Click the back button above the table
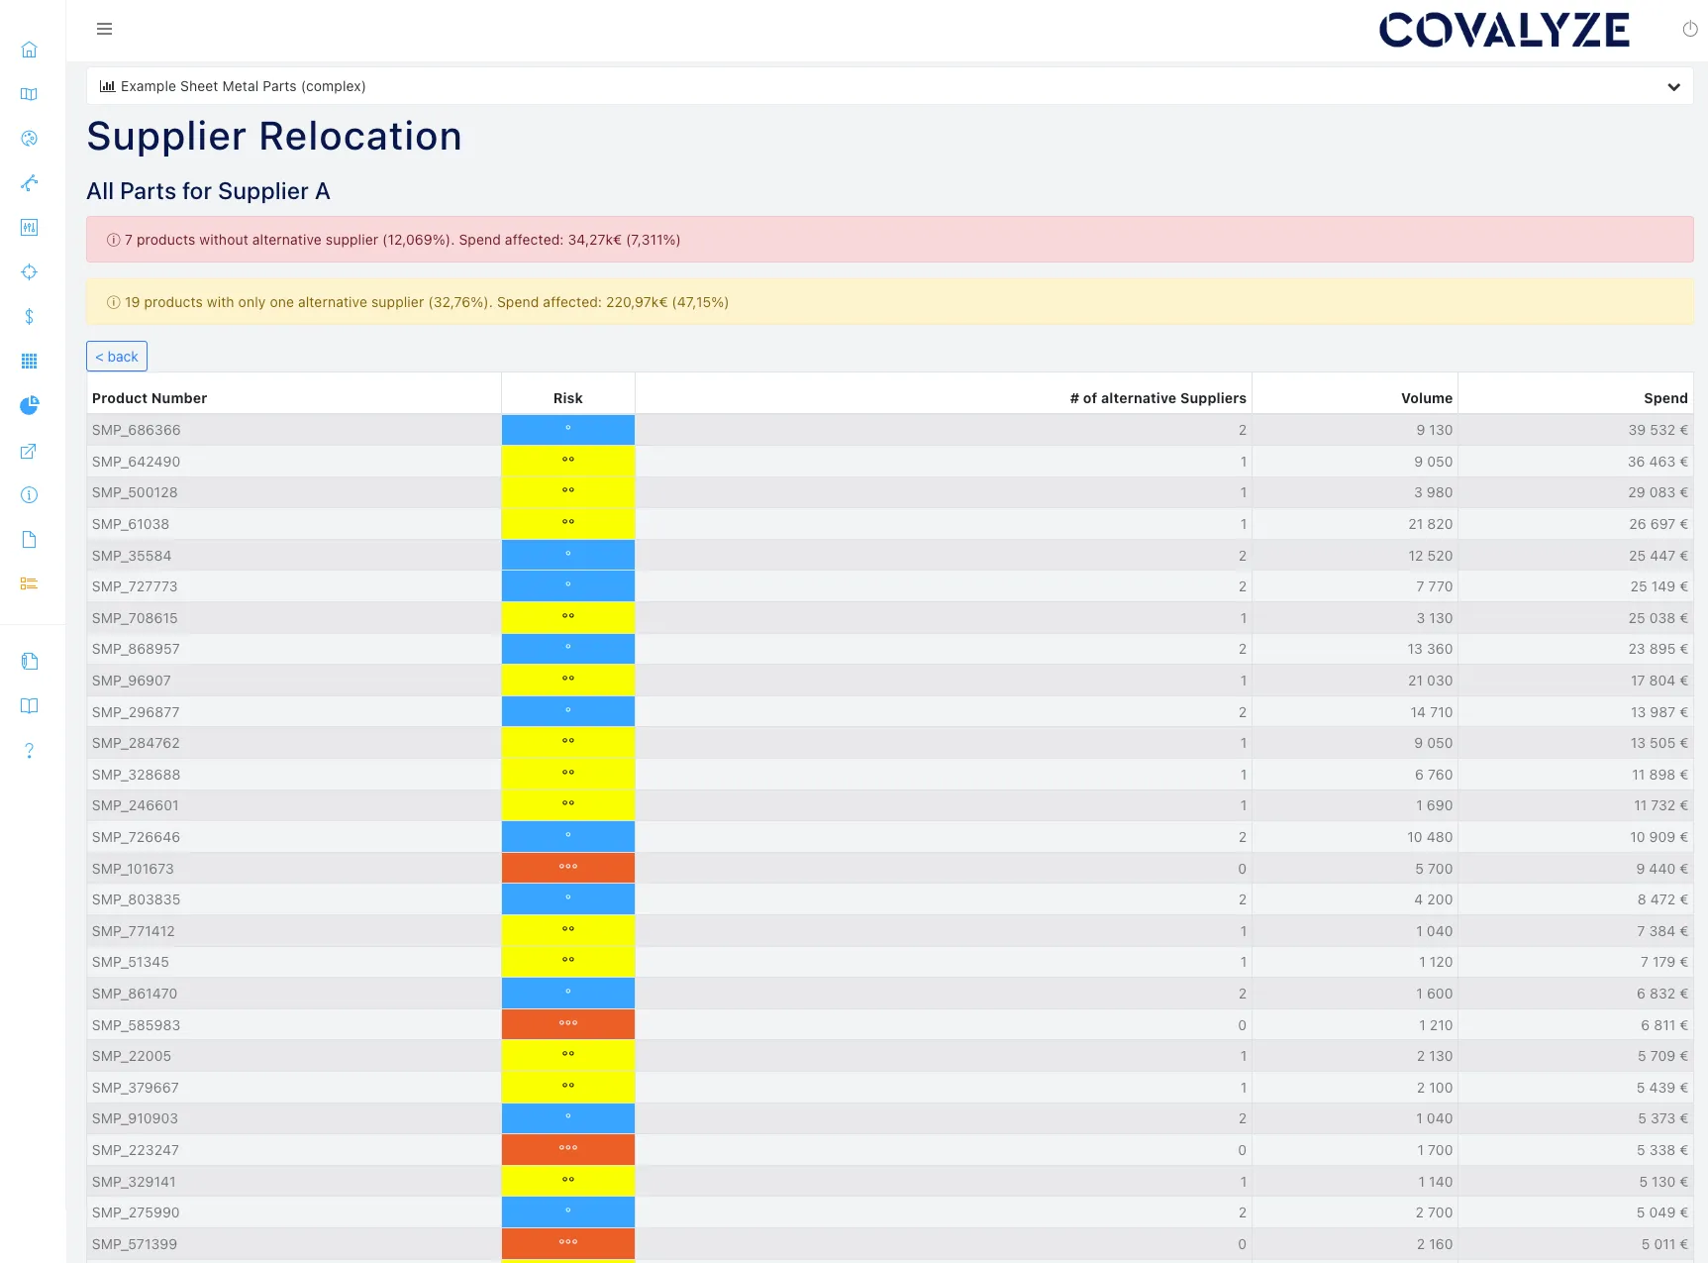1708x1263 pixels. [117, 357]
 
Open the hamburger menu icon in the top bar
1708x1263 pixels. [104, 29]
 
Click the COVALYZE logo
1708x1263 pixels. [1503, 31]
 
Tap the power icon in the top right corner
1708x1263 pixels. [1689, 30]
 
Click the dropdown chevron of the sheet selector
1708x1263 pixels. [1673, 87]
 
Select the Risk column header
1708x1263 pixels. [567, 398]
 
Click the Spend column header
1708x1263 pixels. [1664, 398]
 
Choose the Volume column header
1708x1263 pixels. [1426, 398]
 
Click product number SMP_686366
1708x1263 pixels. [137, 430]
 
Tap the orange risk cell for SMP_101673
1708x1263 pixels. [567, 868]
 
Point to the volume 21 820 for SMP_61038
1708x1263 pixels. [1430, 524]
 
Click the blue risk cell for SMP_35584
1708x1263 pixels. [567, 555]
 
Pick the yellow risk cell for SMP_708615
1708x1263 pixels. [567, 617]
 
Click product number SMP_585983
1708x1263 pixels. [137, 1025]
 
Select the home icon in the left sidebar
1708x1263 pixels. [30, 50]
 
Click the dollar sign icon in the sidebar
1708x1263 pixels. [30, 316]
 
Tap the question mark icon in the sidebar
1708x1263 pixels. [30, 751]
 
